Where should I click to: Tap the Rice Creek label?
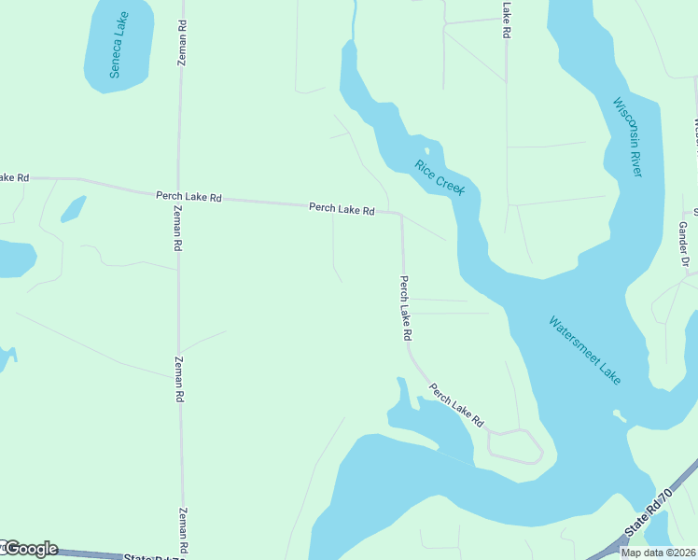[x=440, y=176]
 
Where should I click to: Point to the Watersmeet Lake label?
[x=584, y=351]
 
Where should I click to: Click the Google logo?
[x=30, y=549]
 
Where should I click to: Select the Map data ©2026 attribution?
[x=659, y=553]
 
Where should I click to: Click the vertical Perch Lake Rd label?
[x=406, y=307]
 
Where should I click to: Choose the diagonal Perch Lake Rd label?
[x=456, y=404]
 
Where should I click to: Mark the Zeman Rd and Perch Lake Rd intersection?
[x=179, y=195]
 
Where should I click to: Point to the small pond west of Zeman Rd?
[x=73, y=209]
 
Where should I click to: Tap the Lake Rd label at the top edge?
[x=507, y=19]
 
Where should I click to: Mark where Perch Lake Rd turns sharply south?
[x=400, y=214]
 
